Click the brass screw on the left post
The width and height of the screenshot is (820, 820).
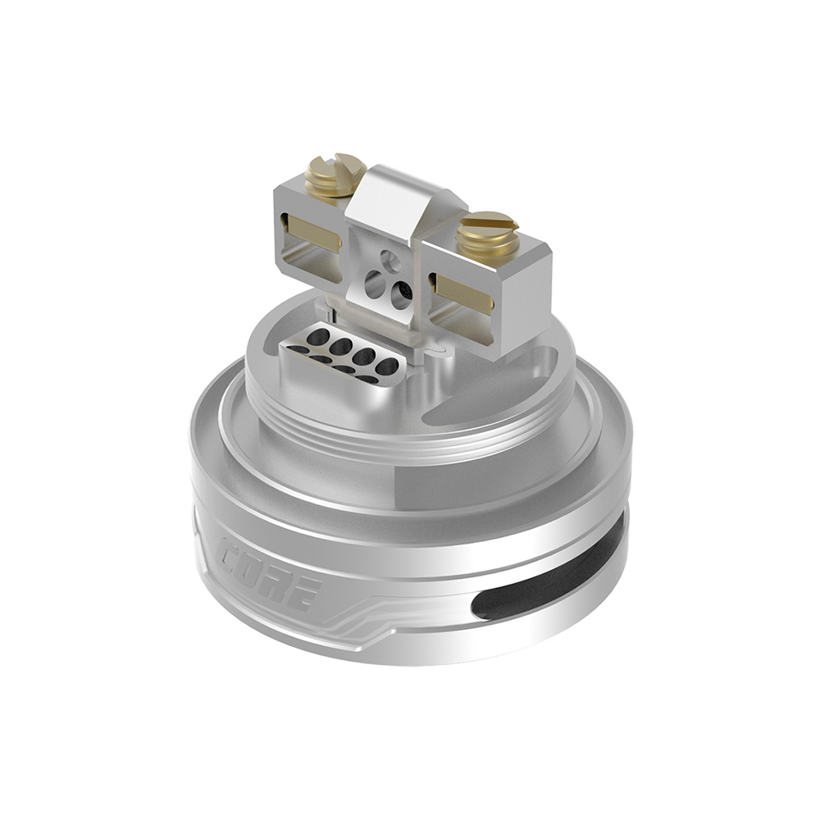(x=335, y=175)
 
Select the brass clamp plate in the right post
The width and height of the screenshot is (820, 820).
(x=464, y=294)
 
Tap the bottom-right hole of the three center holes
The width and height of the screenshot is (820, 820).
(x=401, y=294)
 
